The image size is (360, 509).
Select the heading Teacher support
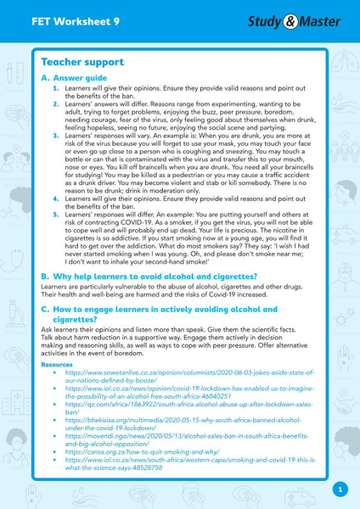(82, 63)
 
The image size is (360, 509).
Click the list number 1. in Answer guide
(56, 88)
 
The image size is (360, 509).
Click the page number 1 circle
(340, 489)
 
